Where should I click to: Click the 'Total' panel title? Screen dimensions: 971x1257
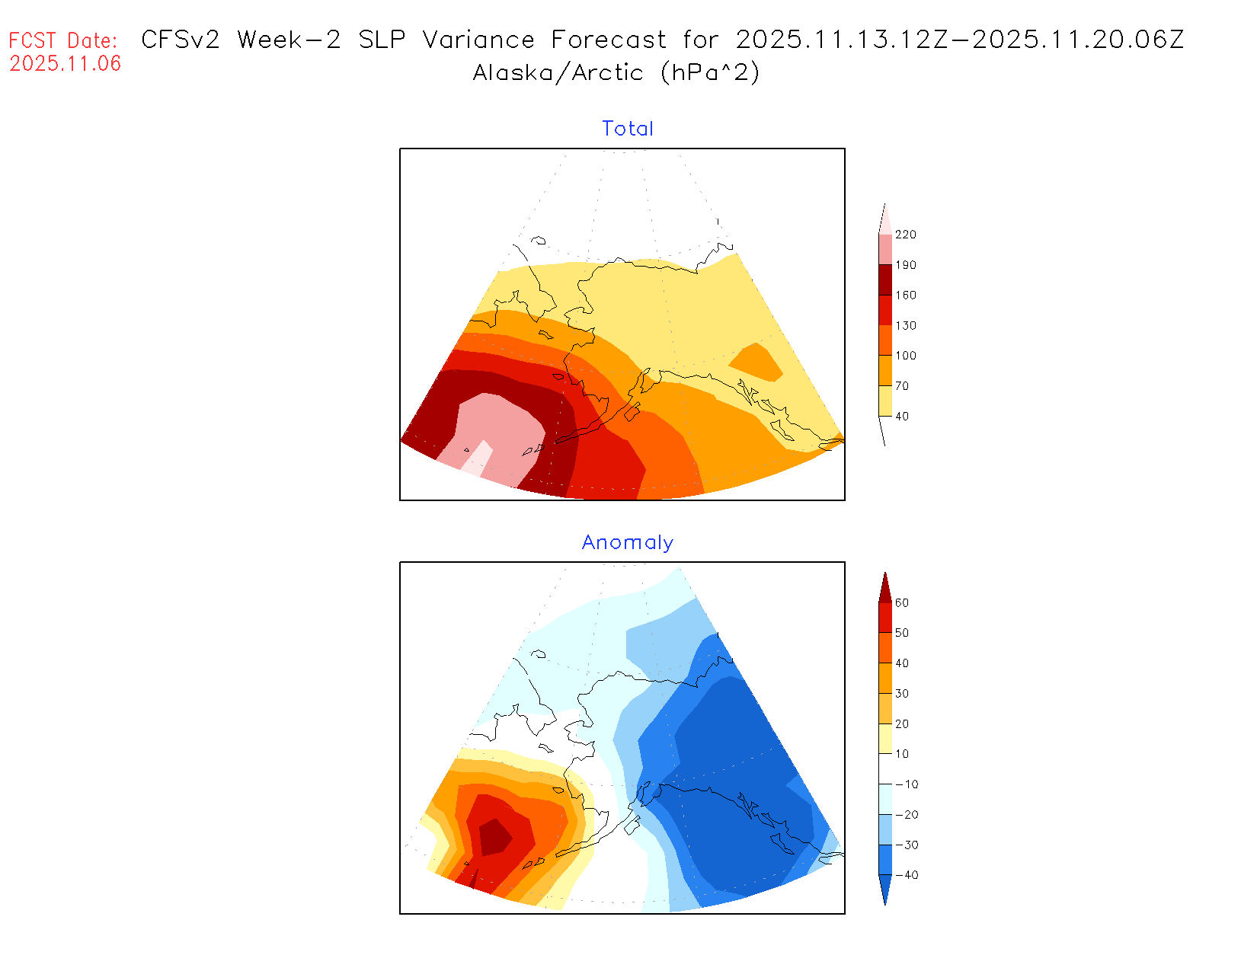point(627,129)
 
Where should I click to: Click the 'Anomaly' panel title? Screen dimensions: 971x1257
point(627,542)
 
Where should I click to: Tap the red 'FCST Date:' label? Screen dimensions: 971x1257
point(63,40)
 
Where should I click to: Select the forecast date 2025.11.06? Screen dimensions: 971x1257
point(66,63)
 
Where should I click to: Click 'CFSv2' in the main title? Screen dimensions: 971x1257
point(181,40)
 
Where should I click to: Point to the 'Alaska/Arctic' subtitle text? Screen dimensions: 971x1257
point(558,72)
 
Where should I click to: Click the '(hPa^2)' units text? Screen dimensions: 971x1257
point(710,72)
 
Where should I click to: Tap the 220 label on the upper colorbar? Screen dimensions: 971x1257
point(905,235)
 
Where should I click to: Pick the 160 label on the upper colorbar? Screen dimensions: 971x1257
point(905,295)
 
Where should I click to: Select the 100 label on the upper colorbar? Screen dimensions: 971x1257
point(905,356)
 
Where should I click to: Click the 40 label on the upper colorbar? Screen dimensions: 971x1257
point(902,417)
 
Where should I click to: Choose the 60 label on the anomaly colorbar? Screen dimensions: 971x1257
point(902,603)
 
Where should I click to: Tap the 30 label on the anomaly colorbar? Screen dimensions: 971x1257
point(902,694)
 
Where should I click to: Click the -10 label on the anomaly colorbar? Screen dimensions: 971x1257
point(906,784)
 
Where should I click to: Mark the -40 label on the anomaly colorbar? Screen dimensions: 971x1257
point(906,875)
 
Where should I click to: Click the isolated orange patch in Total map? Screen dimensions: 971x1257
point(756,363)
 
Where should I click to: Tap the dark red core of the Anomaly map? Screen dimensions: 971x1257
point(495,837)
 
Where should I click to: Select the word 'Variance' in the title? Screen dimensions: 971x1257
point(478,40)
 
